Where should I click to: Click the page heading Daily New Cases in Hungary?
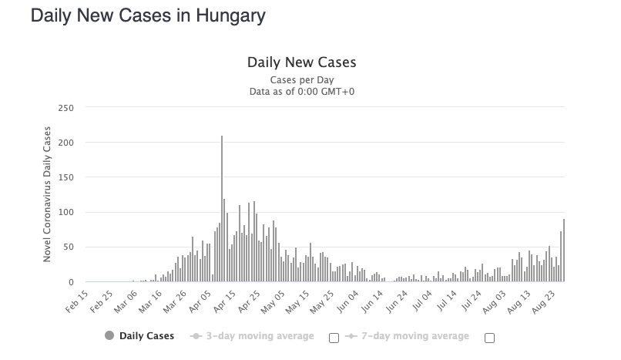click(147, 16)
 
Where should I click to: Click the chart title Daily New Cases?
click(301, 62)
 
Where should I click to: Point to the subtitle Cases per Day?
click(301, 79)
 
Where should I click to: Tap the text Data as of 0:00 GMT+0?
click(301, 92)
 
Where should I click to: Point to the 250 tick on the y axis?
click(65, 108)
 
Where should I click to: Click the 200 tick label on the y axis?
click(65, 143)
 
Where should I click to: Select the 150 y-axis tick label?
click(65, 177)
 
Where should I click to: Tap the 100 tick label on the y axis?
click(65, 213)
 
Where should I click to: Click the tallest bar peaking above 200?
click(222, 208)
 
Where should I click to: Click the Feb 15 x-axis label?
click(78, 301)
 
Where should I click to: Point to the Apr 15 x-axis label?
click(224, 301)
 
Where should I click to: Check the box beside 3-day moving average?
click(334, 338)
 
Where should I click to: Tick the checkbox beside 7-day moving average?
click(488, 338)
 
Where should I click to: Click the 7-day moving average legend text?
click(413, 336)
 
